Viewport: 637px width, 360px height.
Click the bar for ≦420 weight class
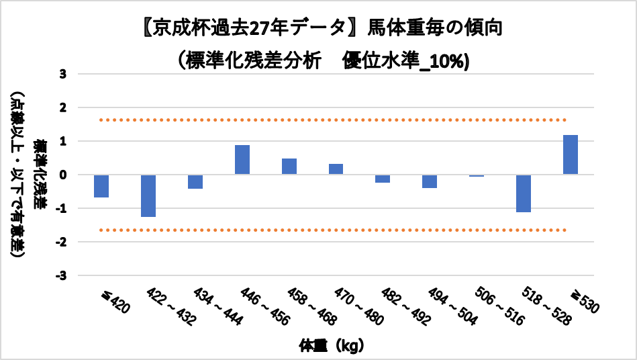click(101, 186)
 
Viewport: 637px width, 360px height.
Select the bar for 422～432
click(148, 195)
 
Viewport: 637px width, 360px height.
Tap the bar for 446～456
click(242, 160)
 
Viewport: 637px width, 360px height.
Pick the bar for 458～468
click(289, 167)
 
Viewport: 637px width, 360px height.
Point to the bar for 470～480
click(336, 169)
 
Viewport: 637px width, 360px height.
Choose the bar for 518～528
click(524, 193)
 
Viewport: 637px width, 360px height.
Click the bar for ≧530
click(571, 155)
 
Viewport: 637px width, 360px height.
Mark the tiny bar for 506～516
click(477, 175)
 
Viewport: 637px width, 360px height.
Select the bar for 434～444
click(195, 181)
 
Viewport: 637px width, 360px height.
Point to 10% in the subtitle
click(451, 60)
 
